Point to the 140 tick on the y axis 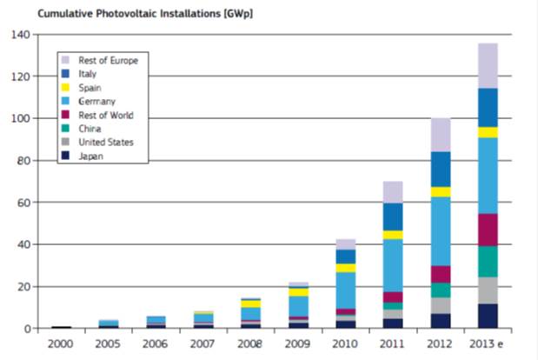pos(19,35)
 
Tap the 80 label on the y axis pos(22,161)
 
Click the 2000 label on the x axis pos(61,344)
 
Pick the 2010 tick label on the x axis pos(345,344)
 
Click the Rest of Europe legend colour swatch pos(65,60)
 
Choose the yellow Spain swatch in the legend pos(65,88)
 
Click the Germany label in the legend pos(97,102)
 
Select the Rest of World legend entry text pos(106,116)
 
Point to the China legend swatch pos(65,130)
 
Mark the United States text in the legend pos(106,143)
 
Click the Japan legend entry pos(90,157)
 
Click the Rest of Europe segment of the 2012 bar pos(441,135)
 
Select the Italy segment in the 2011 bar pos(393,217)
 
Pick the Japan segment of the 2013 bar pos(488,316)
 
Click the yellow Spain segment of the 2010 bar pos(345,268)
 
